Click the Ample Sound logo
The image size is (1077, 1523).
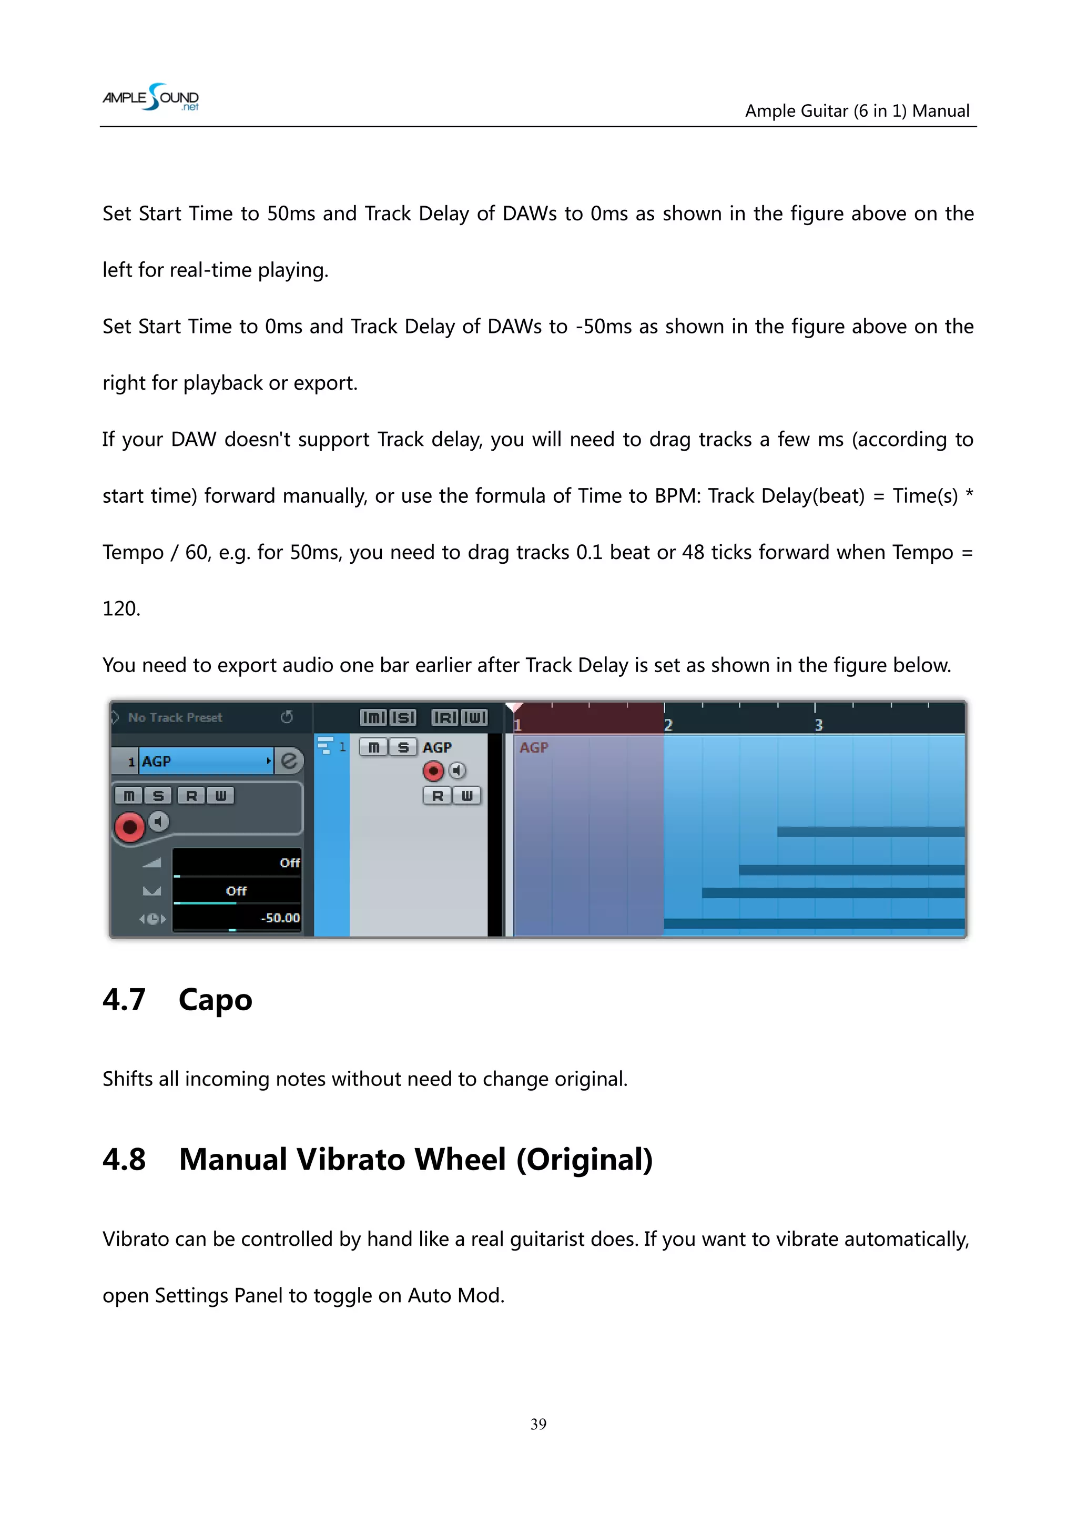(150, 97)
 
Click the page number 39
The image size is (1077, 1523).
(538, 1424)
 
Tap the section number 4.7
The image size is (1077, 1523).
(124, 1000)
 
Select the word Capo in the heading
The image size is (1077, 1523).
(216, 1000)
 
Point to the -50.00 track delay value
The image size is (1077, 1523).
(280, 918)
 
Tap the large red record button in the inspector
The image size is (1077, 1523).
(129, 827)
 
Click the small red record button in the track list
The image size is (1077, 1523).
(433, 771)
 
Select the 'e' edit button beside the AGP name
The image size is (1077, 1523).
(289, 761)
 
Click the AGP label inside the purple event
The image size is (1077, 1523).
(534, 748)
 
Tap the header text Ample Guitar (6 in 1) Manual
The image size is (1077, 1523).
(857, 111)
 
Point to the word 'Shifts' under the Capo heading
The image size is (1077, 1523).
(128, 1079)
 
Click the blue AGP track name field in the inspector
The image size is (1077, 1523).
(202, 761)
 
